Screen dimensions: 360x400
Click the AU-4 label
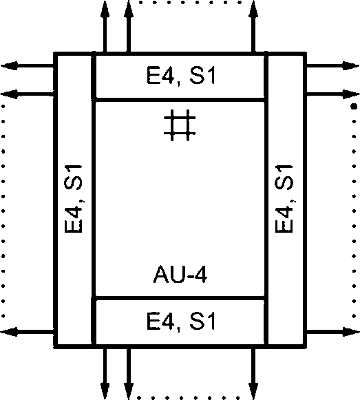click(180, 274)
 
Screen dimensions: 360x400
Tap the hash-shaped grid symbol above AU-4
click(180, 125)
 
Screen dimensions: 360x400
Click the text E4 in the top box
click(161, 75)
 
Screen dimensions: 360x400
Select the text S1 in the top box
click(202, 75)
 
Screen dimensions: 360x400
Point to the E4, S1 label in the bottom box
click(181, 321)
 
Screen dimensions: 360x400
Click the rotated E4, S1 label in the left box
click(74, 199)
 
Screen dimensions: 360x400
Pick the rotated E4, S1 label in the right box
click(284, 199)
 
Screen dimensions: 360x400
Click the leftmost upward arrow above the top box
click(105, 27)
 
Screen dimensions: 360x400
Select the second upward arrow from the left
click(129, 27)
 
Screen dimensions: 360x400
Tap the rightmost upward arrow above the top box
click(253, 27)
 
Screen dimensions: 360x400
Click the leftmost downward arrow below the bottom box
click(105, 374)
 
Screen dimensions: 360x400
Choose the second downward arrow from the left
click(129, 374)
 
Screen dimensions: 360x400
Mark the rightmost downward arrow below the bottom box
click(253, 374)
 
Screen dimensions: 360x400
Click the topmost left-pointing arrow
click(28, 66)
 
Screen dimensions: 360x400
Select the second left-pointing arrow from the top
click(28, 94)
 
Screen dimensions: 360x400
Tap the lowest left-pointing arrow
click(28, 332)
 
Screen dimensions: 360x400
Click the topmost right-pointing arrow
click(332, 66)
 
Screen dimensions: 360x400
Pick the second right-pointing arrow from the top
click(332, 94)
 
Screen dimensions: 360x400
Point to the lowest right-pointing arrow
click(332, 332)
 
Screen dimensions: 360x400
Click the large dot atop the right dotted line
click(354, 106)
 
